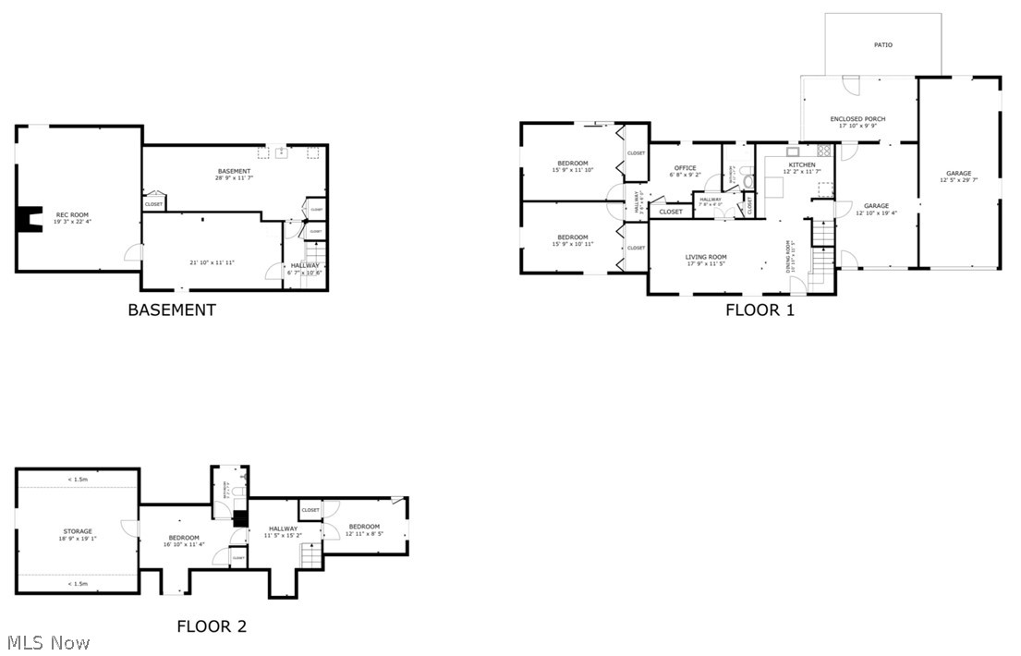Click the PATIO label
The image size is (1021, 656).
pos(882,44)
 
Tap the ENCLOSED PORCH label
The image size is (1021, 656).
pos(857,119)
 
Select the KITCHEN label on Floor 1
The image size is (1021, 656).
pos(801,164)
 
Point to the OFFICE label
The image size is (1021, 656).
pos(685,167)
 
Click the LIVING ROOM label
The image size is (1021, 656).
pos(706,257)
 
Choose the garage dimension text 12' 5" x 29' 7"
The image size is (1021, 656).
pos(958,180)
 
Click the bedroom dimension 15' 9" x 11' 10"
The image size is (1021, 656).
pos(573,170)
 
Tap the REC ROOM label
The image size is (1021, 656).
pos(73,214)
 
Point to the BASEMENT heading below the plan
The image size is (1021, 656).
pos(171,310)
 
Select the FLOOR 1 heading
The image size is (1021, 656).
pos(760,310)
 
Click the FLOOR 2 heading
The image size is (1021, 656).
pos(212,626)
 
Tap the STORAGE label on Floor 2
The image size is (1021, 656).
pos(78,531)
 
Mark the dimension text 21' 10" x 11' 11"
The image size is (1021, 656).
pos(212,262)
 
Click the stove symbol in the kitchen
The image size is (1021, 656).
pos(823,151)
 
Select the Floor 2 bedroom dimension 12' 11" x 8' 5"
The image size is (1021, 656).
pos(364,533)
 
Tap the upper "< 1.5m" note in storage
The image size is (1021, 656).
pos(78,480)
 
